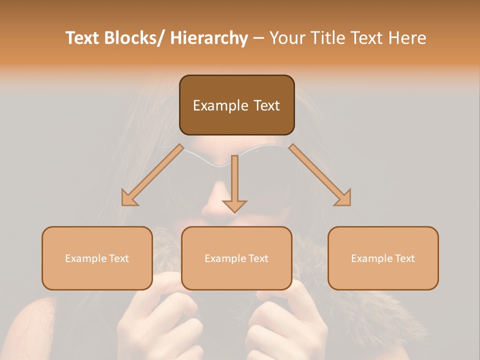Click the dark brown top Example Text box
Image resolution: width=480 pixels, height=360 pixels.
click(236, 105)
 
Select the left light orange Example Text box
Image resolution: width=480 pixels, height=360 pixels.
click(97, 258)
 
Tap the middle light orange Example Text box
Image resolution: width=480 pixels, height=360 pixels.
click(236, 258)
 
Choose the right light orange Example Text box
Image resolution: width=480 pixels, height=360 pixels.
click(383, 258)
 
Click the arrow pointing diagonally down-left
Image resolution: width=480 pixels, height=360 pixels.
click(153, 175)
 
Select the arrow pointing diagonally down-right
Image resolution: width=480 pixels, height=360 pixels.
click(320, 175)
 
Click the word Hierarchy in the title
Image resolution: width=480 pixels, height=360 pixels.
click(209, 38)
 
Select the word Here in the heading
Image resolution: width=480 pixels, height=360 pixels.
click(407, 38)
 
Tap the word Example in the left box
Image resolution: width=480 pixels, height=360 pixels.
click(86, 258)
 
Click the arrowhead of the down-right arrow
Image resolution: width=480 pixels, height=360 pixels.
click(344, 199)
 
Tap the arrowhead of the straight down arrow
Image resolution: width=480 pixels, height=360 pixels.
click(234, 205)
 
